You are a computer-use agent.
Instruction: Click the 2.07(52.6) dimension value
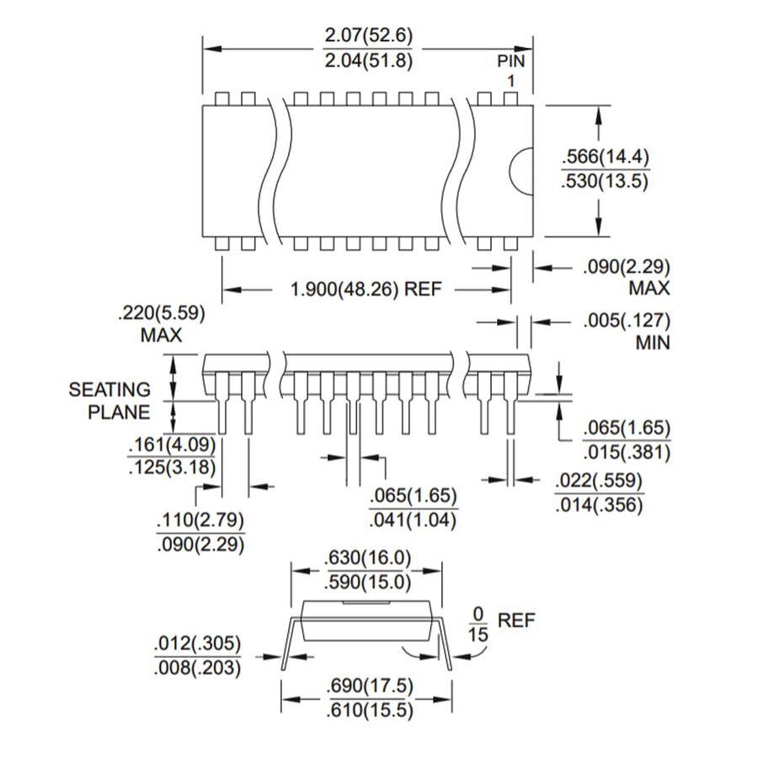point(368,35)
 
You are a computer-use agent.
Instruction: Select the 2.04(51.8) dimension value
point(368,61)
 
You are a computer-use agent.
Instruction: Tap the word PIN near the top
point(511,61)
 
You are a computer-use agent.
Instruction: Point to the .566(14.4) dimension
point(606,157)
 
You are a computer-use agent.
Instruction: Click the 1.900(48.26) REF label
point(366,289)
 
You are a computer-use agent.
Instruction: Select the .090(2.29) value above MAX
point(627,267)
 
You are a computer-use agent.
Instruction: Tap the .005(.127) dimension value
point(627,321)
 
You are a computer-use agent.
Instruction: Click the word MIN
point(653,343)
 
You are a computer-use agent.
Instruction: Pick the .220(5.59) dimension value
point(162,313)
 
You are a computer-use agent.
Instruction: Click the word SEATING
point(109,390)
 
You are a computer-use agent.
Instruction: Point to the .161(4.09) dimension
point(172,444)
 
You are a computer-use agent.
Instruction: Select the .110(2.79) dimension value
point(200,520)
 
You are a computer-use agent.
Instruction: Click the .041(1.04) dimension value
point(413,520)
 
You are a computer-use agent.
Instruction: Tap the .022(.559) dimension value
point(599,481)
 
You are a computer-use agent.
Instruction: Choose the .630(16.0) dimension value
point(368,558)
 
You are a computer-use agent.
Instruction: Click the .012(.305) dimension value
point(197,643)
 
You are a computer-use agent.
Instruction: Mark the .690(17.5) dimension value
point(371,686)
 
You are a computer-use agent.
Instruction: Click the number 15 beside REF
point(478,634)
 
